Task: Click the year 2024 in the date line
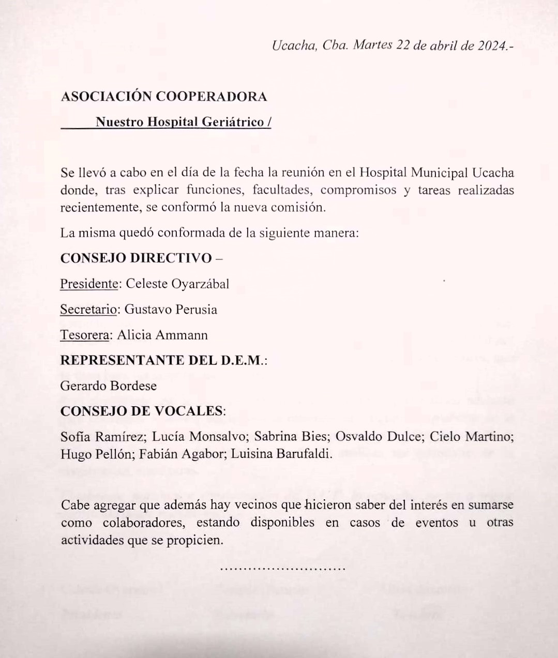492,45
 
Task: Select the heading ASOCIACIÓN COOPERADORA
164,97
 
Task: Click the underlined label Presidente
89,284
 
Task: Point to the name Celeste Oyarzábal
177,284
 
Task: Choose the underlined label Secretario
89,310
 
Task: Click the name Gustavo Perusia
171,310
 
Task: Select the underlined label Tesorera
85,335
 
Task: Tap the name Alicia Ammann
162,335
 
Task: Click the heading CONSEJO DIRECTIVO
136,258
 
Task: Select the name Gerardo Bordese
109,386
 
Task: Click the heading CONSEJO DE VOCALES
142,411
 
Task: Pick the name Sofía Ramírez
102,436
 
